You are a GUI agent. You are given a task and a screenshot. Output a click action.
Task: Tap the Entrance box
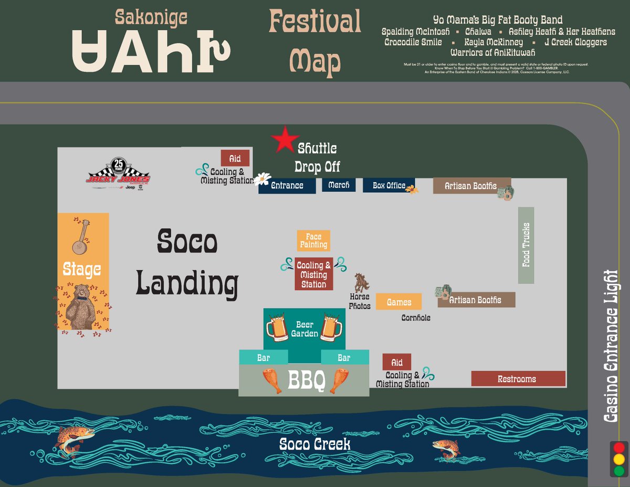pyautogui.click(x=287, y=185)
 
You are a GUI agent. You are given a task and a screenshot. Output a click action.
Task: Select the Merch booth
pyautogui.click(x=339, y=185)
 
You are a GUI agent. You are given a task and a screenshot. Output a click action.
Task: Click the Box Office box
pyautogui.click(x=388, y=185)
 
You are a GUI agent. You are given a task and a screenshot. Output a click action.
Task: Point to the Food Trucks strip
pyautogui.click(x=526, y=245)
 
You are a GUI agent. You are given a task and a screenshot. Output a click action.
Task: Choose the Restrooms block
pyautogui.click(x=518, y=379)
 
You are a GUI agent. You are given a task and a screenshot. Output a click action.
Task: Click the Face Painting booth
pyautogui.click(x=313, y=241)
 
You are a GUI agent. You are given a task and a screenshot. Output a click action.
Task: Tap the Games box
pyautogui.click(x=399, y=302)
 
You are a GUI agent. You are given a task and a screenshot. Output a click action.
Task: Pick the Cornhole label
pyautogui.click(x=416, y=318)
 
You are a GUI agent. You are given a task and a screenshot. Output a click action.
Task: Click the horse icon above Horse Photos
pyautogui.click(x=361, y=283)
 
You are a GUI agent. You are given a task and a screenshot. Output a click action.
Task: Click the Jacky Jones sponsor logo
pyautogui.click(x=119, y=173)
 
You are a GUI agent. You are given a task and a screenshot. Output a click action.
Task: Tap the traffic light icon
pyautogui.click(x=619, y=459)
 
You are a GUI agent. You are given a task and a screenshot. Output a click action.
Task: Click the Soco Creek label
pyautogui.click(x=314, y=444)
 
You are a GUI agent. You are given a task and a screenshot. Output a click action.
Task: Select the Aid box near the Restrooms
pyautogui.click(x=397, y=362)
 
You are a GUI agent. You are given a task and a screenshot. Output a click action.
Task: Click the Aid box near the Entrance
pyautogui.click(x=235, y=158)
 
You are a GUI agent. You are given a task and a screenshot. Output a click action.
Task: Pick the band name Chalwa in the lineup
pyautogui.click(x=478, y=32)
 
